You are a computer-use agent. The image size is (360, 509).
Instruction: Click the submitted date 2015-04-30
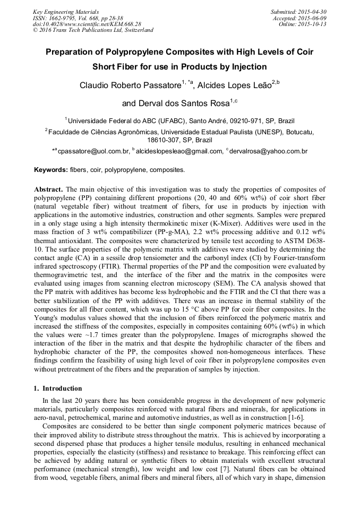pyautogui.click(x=312, y=12)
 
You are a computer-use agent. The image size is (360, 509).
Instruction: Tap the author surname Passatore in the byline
pyautogui.click(x=158, y=85)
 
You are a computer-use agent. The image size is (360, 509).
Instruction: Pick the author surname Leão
pyautogui.click(x=259, y=85)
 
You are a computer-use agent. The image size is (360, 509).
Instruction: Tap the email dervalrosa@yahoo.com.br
pyautogui.click(x=269, y=151)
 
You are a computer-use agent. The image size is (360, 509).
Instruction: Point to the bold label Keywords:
pyautogui.click(x=50, y=170)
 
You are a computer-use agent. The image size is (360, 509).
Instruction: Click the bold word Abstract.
pyautogui.click(x=48, y=189)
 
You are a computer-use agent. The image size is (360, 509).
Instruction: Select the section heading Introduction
pyautogui.click(x=62, y=389)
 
